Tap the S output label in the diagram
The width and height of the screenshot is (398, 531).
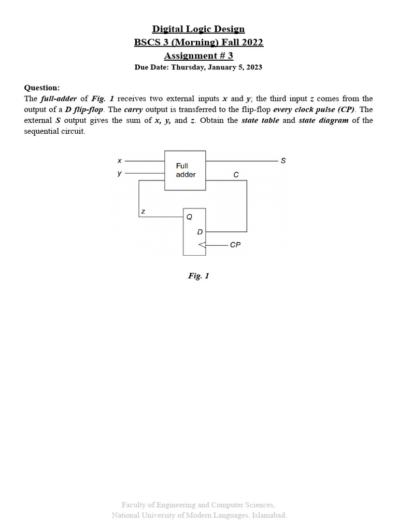(283, 161)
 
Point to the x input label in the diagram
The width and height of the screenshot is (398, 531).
(119, 161)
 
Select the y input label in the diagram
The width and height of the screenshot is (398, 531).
(119, 173)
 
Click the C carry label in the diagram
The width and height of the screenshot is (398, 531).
(236, 175)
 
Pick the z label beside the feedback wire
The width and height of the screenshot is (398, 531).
(143, 212)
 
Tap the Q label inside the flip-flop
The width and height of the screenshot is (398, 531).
(189, 217)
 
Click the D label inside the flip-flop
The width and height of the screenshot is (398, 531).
(200, 232)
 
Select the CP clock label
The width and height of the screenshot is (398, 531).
(235, 245)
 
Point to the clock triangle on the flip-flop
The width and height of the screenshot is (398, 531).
(202, 244)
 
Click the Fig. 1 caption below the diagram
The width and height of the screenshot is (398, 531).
(198, 276)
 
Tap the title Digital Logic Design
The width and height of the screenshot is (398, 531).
(198, 30)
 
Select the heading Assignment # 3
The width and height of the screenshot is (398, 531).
(198, 55)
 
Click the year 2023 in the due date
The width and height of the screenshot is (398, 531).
(253, 67)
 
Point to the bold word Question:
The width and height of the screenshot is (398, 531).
(42, 88)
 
